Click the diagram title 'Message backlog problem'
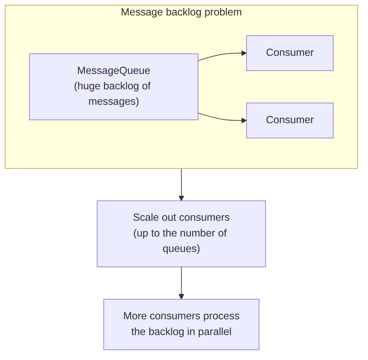[x=181, y=12]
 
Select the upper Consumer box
[x=290, y=53]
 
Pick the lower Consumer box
[x=290, y=121]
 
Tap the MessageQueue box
[x=114, y=87]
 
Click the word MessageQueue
[x=114, y=71]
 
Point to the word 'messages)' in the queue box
[x=114, y=101]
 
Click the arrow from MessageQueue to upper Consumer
[x=222, y=55]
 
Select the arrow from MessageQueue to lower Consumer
[x=222, y=119]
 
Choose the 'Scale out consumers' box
[x=181, y=234]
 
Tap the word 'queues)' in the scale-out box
[x=181, y=249]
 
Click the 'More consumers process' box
[x=181, y=324]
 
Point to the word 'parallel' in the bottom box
[x=215, y=332]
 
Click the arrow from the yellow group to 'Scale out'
[x=181, y=185]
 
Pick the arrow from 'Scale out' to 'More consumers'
[x=181, y=283]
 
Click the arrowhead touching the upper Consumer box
[x=244, y=53]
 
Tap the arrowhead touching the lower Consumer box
[x=244, y=121]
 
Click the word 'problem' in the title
[x=223, y=12]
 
